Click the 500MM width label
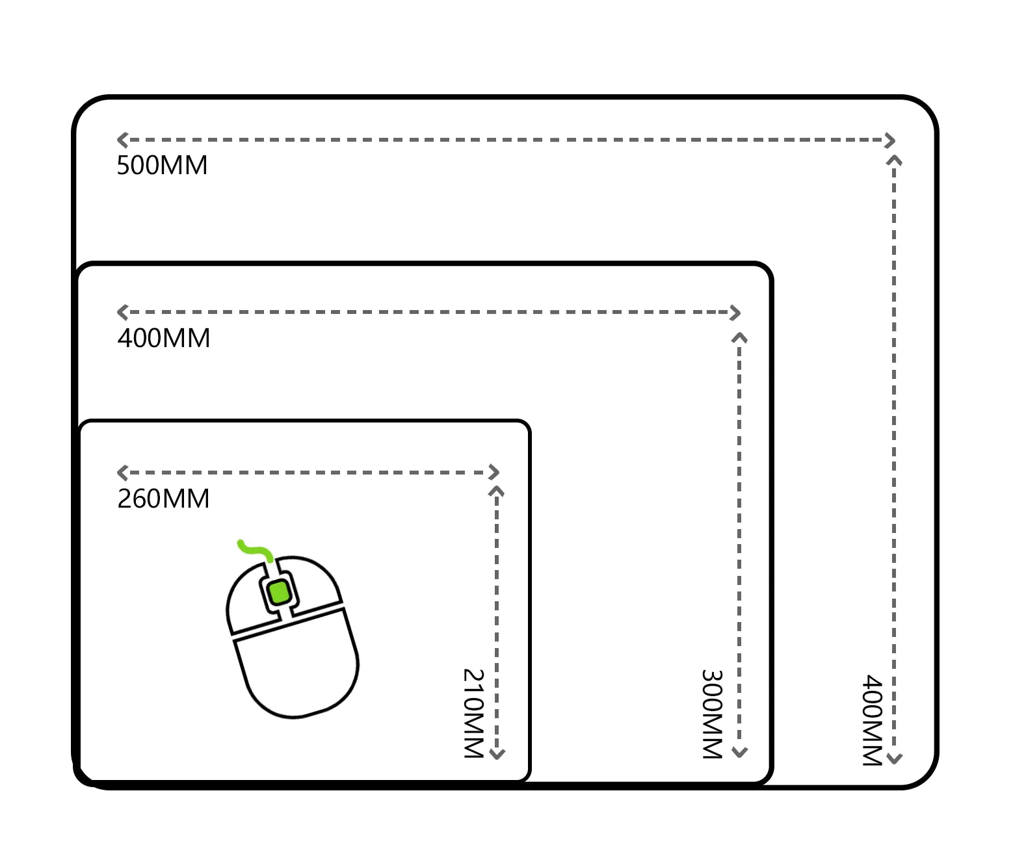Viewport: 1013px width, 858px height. click(x=162, y=166)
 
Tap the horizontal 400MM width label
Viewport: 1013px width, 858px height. click(x=164, y=339)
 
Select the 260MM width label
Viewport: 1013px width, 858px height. click(x=163, y=499)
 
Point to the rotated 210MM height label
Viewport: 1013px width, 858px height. click(x=473, y=713)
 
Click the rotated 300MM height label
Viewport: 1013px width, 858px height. click(x=713, y=714)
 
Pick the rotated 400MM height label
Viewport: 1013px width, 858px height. click(x=873, y=720)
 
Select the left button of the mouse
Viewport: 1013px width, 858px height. click(x=248, y=601)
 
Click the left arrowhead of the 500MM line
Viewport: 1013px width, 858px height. click(x=122, y=140)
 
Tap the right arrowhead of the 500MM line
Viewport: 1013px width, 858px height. click(x=890, y=140)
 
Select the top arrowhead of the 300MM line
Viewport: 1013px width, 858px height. click(x=739, y=338)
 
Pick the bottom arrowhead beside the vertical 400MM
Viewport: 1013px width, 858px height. click(x=895, y=758)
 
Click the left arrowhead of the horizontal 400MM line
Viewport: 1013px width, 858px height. click(x=122, y=312)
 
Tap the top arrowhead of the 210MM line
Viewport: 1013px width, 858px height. click(x=497, y=491)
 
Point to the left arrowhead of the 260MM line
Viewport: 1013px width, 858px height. click(x=122, y=473)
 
